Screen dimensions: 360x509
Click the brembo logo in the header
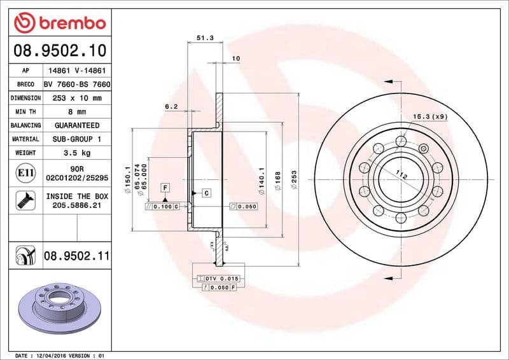pos(59,23)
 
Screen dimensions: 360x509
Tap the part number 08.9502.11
pos(76,256)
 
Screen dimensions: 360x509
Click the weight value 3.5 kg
pos(76,153)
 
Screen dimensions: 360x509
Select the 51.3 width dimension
pos(204,38)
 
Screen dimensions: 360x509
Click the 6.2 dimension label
pos(171,107)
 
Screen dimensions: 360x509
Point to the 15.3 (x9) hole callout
pos(431,116)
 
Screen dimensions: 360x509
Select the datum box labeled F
pos(165,188)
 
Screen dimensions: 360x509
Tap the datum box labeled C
pos(207,192)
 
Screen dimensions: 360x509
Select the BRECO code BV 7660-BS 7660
pos(76,85)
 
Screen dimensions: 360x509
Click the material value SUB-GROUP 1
pos(76,139)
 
